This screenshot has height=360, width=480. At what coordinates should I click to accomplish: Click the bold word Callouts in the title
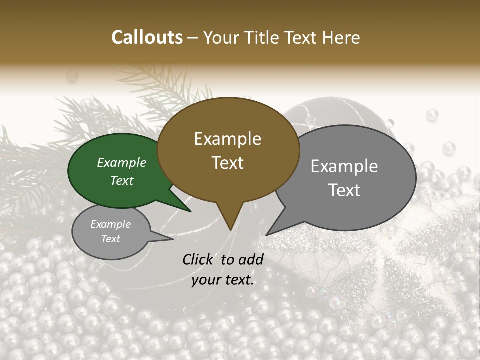pos(147,37)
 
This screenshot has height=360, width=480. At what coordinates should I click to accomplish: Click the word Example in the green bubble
pos(121,163)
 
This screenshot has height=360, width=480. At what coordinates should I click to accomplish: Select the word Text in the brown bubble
pos(228,163)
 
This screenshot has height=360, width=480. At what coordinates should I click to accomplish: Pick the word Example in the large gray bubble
pos(344,166)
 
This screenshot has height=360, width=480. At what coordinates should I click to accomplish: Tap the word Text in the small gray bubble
pos(111,239)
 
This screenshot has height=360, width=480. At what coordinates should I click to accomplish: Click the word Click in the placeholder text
pos(199,259)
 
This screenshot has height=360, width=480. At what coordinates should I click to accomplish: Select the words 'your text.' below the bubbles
pos(223,280)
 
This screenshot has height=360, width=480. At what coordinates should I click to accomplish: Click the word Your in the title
pos(218,38)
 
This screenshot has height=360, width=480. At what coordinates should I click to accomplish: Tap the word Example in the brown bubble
pos(228,139)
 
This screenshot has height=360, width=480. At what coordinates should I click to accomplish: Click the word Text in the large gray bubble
pos(344,190)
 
